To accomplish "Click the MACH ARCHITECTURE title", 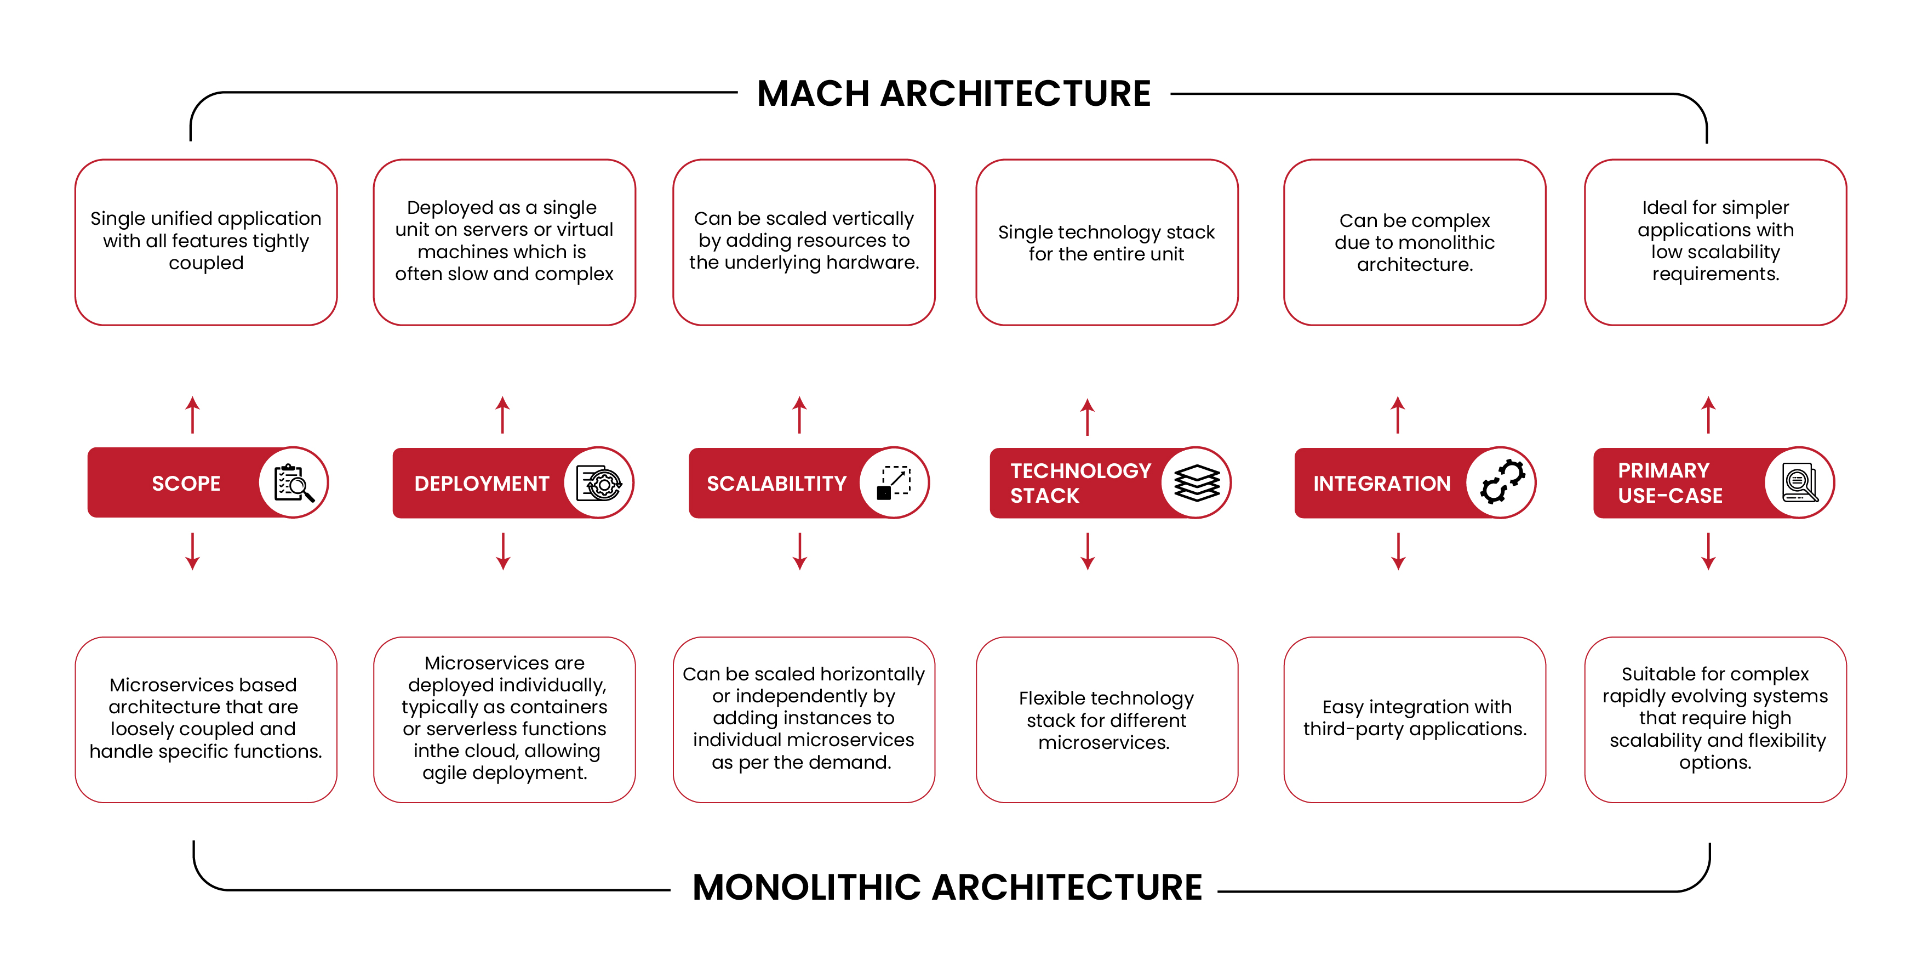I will (953, 94).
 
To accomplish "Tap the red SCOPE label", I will (186, 484).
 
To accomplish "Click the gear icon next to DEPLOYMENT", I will (600, 484).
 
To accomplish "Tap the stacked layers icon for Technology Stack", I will (1196, 483).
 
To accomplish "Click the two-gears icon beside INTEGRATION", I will (1502, 483).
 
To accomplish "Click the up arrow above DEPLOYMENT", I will (503, 414).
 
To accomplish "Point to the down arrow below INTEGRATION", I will (1398, 552).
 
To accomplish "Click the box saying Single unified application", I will (206, 241).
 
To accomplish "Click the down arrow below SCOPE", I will (192, 552).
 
